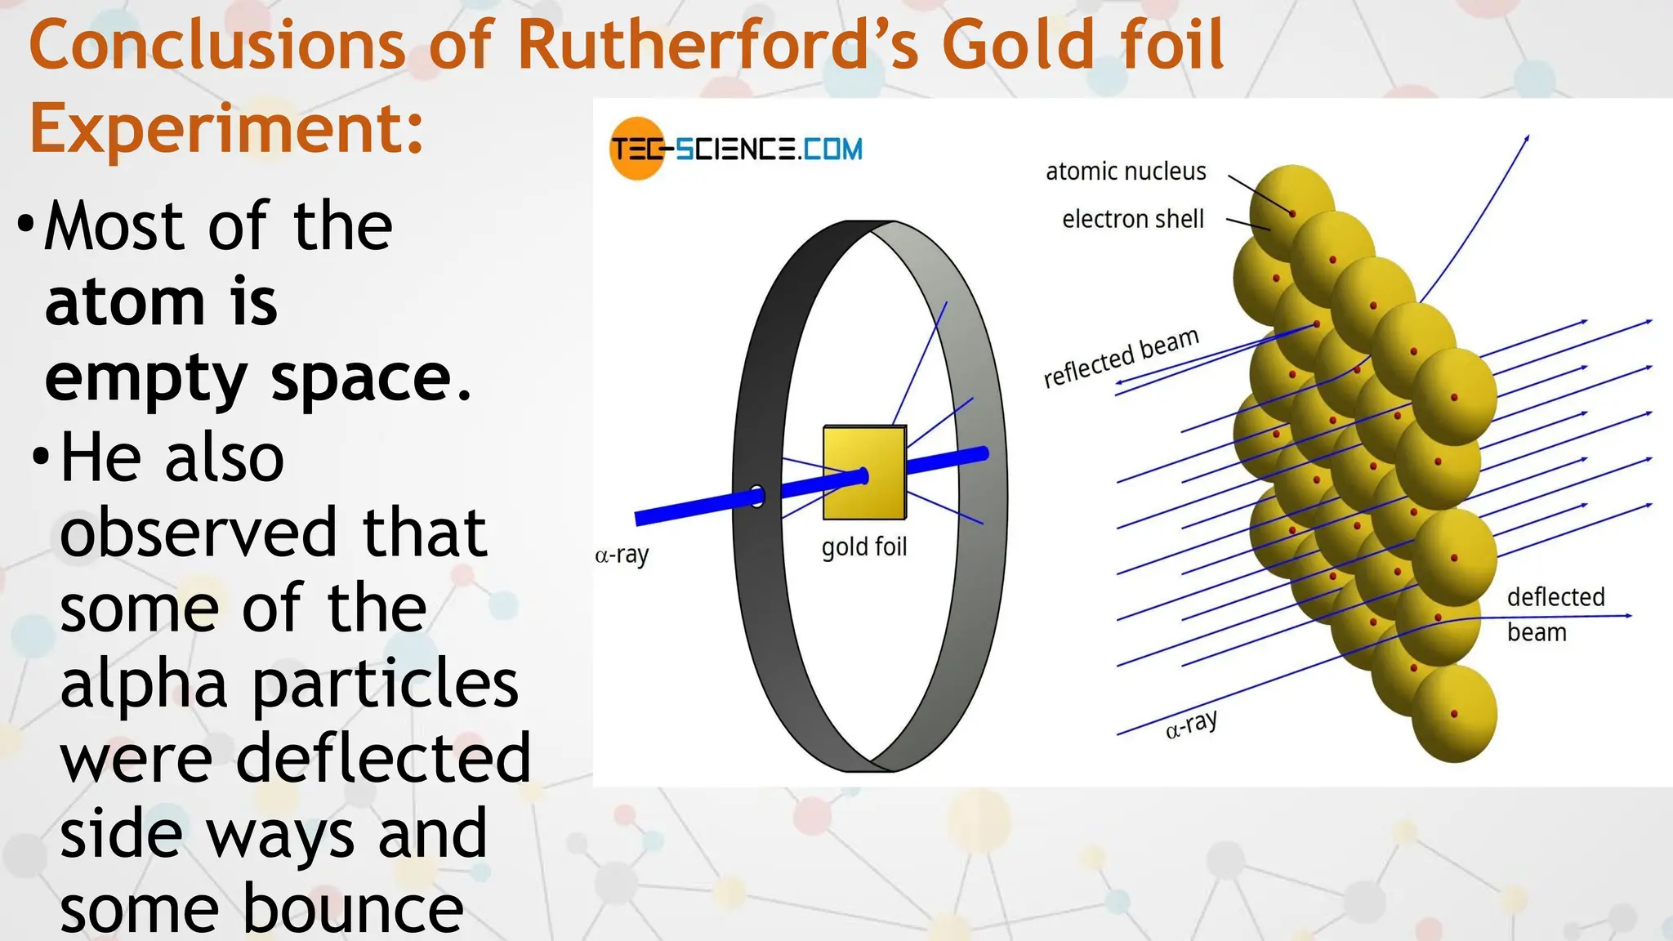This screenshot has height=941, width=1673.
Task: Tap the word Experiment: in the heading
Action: tap(227, 128)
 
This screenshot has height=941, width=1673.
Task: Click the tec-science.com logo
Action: tap(736, 149)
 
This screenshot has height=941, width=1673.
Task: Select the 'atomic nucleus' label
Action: tap(1126, 172)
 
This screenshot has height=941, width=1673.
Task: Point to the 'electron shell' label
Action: tap(1132, 219)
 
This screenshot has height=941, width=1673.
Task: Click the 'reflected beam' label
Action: tap(1121, 357)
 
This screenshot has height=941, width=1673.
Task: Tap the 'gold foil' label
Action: tap(864, 546)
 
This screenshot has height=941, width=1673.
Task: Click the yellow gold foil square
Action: tap(864, 472)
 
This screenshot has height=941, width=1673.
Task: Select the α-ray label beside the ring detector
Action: tap(622, 555)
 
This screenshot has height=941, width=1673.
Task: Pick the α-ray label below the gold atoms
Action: tap(1191, 725)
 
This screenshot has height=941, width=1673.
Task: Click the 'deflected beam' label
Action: tap(1555, 614)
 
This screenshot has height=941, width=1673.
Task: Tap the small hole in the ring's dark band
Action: tap(757, 496)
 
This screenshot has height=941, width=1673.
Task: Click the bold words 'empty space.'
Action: tap(258, 378)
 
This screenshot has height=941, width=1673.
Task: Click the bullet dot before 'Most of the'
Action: tap(26, 223)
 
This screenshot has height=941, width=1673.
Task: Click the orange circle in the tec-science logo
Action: tap(636, 149)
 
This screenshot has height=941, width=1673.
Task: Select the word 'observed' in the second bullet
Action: tap(198, 533)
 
